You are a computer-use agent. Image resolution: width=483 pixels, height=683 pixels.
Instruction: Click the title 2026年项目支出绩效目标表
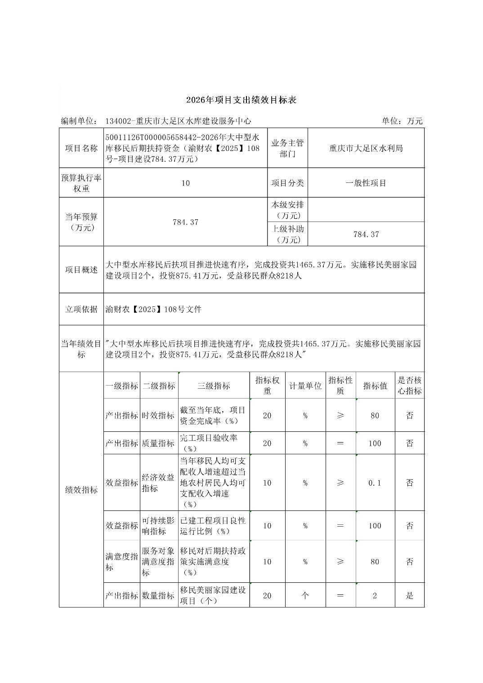[x=241, y=100]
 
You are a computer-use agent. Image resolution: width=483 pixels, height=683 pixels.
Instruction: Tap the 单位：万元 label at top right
[x=402, y=121]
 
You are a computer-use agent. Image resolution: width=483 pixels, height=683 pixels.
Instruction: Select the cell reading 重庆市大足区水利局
[x=366, y=148]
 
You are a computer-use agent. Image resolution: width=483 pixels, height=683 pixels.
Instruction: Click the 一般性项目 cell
[x=366, y=183]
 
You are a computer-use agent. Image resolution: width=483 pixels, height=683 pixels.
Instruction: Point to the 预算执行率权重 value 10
[x=185, y=183]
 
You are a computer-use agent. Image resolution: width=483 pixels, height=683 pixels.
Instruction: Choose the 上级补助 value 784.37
[x=366, y=234]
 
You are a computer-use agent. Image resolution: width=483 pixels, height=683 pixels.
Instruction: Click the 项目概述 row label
[x=81, y=270]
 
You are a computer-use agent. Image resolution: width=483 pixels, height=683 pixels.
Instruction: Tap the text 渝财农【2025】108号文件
[x=154, y=309]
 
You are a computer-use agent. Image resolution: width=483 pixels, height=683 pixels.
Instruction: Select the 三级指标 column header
[x=214, y=386]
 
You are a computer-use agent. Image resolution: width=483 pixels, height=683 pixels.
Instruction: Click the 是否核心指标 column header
[x=409, y=386]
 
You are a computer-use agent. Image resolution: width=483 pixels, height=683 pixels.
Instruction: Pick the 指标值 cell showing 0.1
[x=375, y=483]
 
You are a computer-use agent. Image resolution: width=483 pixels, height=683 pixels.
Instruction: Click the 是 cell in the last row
[x=409, y=595]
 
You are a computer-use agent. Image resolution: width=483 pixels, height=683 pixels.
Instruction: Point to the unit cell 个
[x=305, y=595]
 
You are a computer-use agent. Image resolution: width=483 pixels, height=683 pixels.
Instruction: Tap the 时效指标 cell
[x=158, y=415]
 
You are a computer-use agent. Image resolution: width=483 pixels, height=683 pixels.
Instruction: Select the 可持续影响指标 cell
[x=158, y=526]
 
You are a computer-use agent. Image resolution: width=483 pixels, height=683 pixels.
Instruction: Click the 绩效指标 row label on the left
[x=81, y=490]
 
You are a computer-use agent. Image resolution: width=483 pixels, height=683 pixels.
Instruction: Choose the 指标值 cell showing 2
[x=375, y=595]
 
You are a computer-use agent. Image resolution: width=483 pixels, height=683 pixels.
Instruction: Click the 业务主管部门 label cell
[x=287, y=148]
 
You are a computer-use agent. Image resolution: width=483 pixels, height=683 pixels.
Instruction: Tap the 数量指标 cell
[x=158, y=595]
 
